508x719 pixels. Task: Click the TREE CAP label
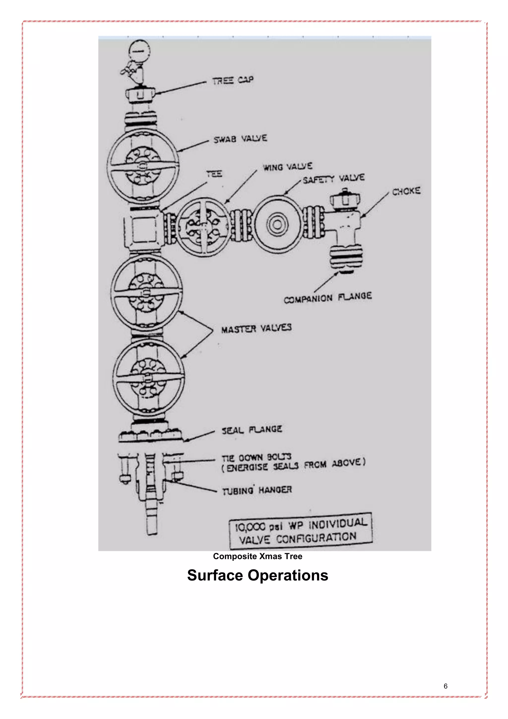pyautogui.click(x=233, y=80)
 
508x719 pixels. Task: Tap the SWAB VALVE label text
pyautogui.click(x=240, y=139)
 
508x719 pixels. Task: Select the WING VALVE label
pyautogui.click(x=287, y=167)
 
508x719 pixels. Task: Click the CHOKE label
pyautogui.click(x=406, y=191)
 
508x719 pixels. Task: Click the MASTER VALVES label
pyautogui.click(x=256, y=328)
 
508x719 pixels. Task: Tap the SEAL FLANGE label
pyautogui.click(x=252, y=430)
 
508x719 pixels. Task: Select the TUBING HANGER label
pyautogui.click(x=257, y=490)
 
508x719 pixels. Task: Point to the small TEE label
pyautogui.click(x=214, y=174)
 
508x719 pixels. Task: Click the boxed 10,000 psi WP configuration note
pyautogui.click(x=301, y=531)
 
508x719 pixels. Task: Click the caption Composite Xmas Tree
pyautogui.click(x=257, y=556)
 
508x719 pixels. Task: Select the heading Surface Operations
pyautogui.click(x=257, y=575)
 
